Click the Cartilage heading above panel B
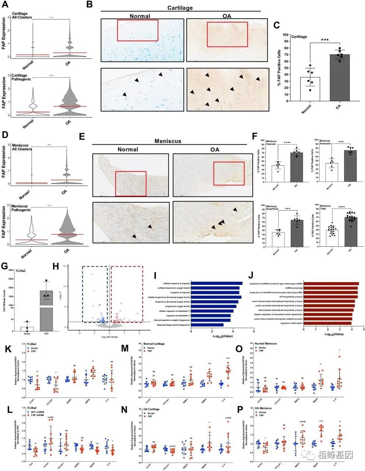180,8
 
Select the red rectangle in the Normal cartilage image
137,30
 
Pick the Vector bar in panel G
27,328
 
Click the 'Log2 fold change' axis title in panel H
109,337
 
